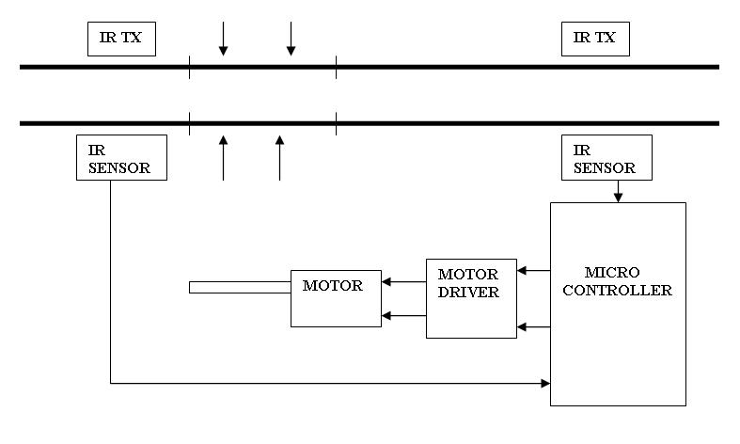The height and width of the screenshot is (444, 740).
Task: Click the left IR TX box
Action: (121, 39)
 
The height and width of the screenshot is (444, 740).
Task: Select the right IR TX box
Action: (595, 39)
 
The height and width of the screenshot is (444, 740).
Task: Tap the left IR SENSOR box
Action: (121, 157)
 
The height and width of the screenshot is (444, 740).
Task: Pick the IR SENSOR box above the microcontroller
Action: (606, 157)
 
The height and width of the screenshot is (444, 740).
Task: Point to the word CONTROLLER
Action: (618, 291)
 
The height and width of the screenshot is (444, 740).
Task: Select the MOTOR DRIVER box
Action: (471, 298)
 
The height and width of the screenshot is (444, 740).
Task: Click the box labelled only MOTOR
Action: (336, 296)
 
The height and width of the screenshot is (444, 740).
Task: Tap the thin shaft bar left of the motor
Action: (240, 287)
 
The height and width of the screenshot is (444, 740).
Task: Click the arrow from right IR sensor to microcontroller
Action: (618, 191)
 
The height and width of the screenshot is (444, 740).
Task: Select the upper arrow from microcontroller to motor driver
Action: (533, 271)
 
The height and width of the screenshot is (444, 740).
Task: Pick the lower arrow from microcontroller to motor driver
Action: (533, 327)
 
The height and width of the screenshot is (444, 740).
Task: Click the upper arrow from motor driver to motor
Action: (403, 280)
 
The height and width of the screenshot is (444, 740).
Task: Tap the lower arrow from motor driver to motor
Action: (403, 316)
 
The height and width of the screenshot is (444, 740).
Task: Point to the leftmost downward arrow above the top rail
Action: (223, 38)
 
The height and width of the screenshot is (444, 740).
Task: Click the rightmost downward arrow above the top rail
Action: (291, 38)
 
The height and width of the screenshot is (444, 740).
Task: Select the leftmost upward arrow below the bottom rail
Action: (223, 156)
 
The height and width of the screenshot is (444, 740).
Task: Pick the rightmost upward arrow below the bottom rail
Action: (279, 156)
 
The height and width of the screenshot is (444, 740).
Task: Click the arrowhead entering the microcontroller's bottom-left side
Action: (544, 383)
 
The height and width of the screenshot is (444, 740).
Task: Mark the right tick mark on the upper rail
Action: (336, 67)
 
